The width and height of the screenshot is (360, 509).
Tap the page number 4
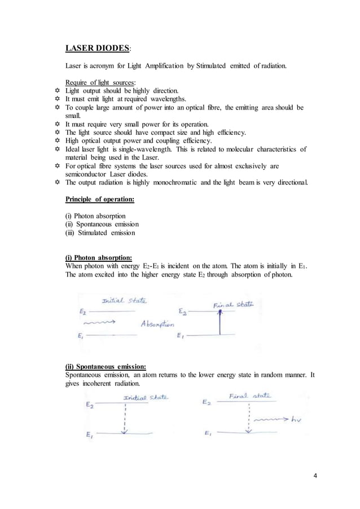315,475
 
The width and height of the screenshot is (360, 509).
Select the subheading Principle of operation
100,199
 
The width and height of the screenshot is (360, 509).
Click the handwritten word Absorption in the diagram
157,324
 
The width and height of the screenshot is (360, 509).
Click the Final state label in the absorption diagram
233,304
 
